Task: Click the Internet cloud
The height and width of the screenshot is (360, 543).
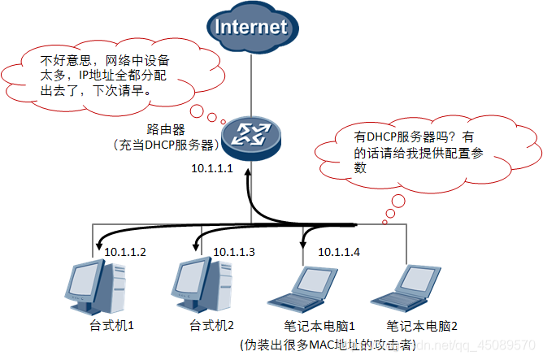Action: coord(251,28)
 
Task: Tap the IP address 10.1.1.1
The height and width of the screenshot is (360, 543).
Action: coord(212,169)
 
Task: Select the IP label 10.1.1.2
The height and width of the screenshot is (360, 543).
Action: coord(125,252)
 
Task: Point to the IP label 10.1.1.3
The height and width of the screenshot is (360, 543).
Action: coord(233,252)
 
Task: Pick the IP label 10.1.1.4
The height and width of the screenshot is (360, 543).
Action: coord(339,252)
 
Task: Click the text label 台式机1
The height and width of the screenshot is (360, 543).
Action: coord(111,326)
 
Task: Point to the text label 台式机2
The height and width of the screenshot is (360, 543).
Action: coord(211,326)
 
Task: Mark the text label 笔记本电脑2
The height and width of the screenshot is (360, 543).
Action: coord(422,327)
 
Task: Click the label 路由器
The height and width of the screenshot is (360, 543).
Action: coord(167,129)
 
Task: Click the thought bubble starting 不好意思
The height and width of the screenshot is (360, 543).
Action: coord(111,75)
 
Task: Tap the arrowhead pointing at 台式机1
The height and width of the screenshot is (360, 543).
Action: coord(97,241)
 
